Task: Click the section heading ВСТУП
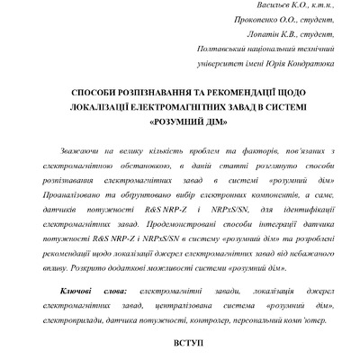coord(180,344)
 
